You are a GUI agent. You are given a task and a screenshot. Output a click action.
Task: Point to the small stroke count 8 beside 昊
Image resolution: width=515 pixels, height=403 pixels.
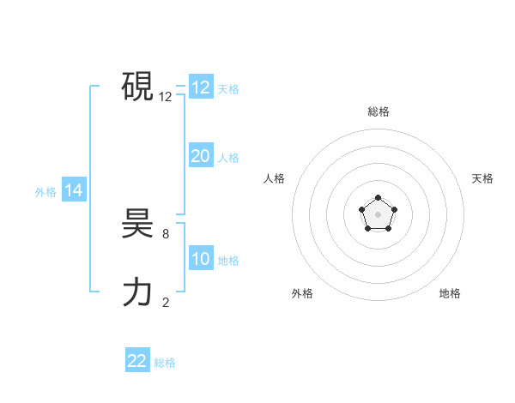click(166, 233)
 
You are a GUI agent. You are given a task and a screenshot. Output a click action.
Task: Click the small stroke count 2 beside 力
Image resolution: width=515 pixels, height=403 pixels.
click(166, 302)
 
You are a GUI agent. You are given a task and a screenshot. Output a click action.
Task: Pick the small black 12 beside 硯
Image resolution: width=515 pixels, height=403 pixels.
click(166, 97)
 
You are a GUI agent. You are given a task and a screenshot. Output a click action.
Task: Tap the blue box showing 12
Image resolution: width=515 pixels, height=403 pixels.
click(200, 87)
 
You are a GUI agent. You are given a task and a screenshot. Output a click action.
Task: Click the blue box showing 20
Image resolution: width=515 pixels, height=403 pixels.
click(200, 156)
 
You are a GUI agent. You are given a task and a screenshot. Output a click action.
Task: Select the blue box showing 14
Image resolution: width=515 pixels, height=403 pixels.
click(74, 190)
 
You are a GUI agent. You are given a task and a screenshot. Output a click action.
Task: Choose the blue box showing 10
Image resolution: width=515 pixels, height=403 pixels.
click(200, 259)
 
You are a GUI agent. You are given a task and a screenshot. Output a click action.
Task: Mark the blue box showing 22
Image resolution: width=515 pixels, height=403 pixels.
click(137, 360)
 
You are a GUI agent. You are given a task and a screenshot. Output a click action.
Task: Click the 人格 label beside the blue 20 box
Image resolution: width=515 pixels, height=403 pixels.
click(228, 158)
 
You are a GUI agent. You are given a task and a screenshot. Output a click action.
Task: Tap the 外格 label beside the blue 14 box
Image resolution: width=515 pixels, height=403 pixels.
click(45, 192)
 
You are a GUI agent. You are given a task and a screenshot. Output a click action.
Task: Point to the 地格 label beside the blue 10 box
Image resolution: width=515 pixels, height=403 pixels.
click(228, 261)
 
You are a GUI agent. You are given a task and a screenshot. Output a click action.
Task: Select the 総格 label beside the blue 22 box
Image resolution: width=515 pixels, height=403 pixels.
click(165, 362)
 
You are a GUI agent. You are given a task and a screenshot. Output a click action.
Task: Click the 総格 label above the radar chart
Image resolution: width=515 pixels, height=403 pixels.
click(378, 111)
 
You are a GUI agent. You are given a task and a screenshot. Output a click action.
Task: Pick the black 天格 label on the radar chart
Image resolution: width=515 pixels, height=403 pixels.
click(482, 178)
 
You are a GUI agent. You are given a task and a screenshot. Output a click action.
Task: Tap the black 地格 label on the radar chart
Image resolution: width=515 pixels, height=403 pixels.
click(450, 293)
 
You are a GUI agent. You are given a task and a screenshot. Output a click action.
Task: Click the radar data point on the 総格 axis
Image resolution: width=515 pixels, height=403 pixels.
click(378, 199)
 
